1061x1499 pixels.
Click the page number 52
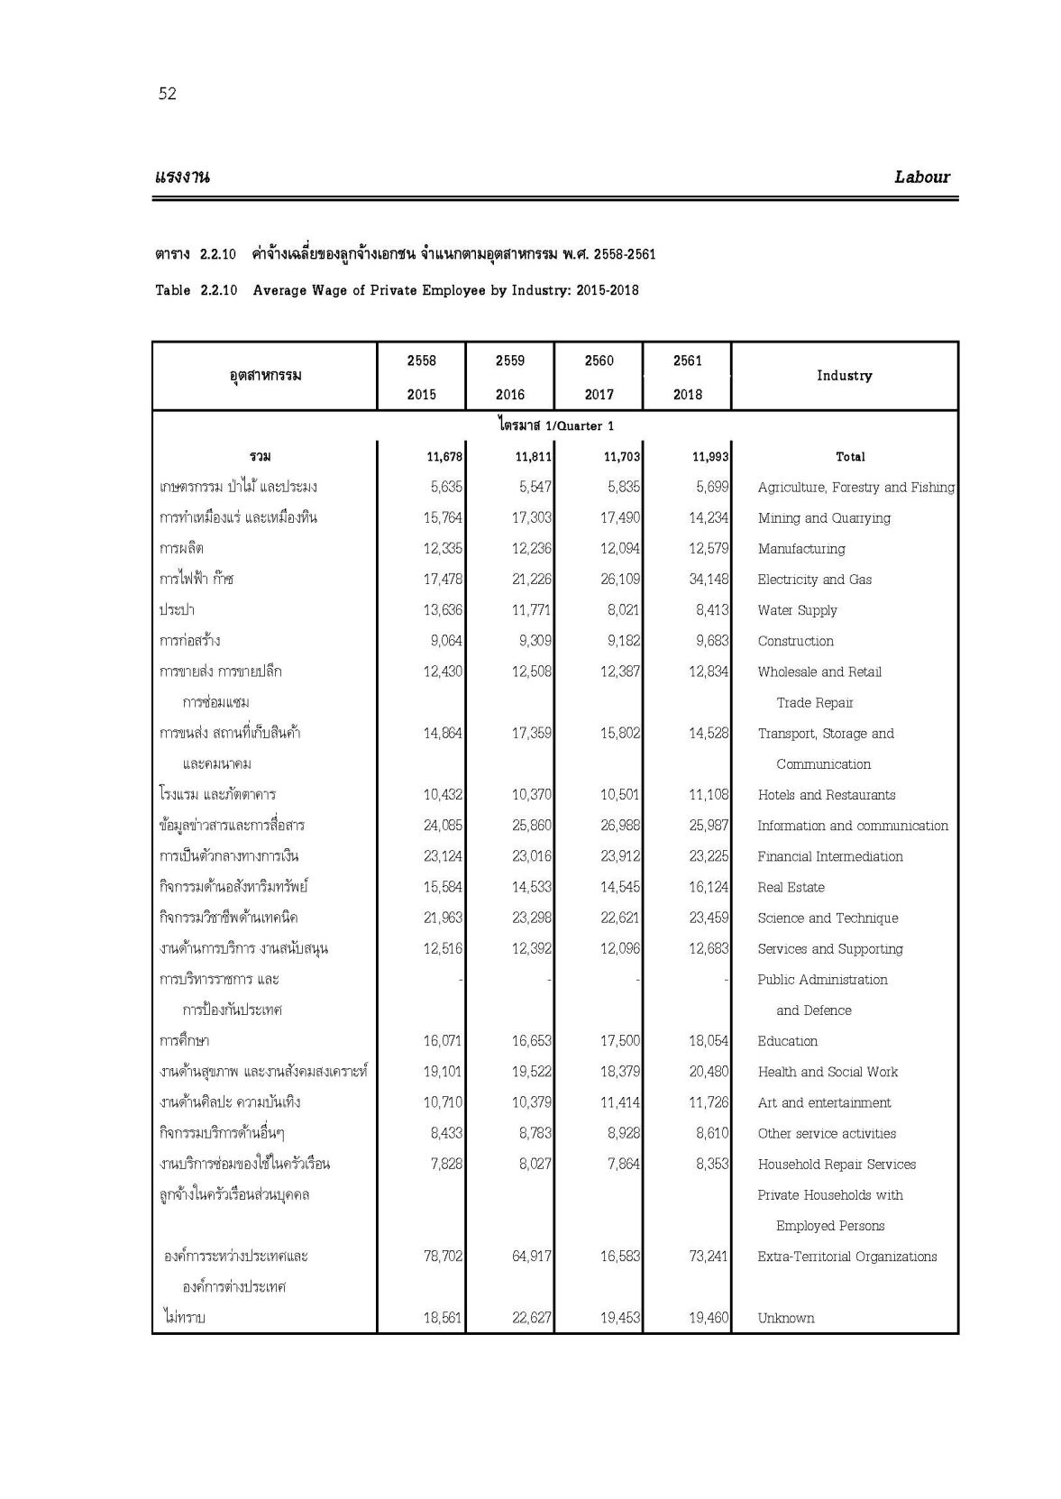pyautogui.click(x=167, y=94)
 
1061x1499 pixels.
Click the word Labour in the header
pyautogui.click(x=921, y=177)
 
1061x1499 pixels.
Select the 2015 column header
pyautogui.click(x=421, y=394)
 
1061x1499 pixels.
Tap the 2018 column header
pyautogui.click(x=687, y=394)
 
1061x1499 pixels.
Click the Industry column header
pyautogui.click(x=844, y=375)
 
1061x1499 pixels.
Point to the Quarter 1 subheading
pyautogui.click(x=555, y=425)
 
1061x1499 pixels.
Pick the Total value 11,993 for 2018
pyautogui.click(x=709, y=457)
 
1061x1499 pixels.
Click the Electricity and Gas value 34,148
pyautogui.click(x=709, y=580)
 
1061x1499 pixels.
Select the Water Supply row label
pyautogui.click(x=797, y=610)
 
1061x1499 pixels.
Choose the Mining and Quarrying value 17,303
pyautogui.click(x=532, y=518)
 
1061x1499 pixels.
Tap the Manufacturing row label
pyautogui.click(x=800, y=549)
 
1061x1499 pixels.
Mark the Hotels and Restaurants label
pyautogui.click(x=826, y=795)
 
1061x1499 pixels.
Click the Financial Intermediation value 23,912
pyautogui.click(x=620, y=856)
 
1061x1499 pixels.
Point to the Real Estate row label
pyautogui.click(x=791, y=887)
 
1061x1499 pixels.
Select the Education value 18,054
pyautogui.click(x=709, y=1041)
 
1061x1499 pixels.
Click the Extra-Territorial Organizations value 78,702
pyautogui.click(x=443, y=1257)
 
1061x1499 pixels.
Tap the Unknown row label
pyautogui.click(x=785, y=1318)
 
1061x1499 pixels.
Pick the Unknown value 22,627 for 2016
pyautogui.click(x=532, y=1318)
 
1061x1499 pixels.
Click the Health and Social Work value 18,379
pyautogui.click(x=620, y=1072)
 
